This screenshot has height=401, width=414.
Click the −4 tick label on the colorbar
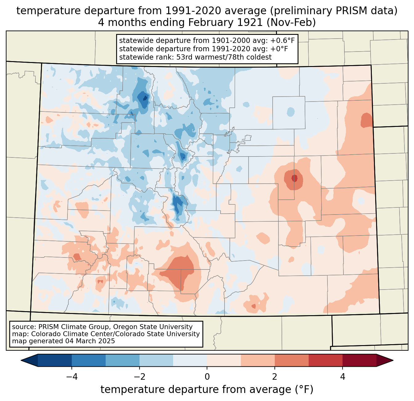[x=71, y=377]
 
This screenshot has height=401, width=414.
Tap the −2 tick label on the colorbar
[x=139, y=377]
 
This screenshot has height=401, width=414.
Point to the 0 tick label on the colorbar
[x=207, y=377]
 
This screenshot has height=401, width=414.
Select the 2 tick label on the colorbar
[x=275, y=377]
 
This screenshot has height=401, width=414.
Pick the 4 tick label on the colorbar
[x=343, y=377]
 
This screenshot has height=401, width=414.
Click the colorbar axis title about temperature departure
[x=207, y=390]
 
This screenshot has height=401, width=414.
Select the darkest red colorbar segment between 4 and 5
[x=359, y=360]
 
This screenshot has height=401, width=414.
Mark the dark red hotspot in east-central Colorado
[x=294, y=178]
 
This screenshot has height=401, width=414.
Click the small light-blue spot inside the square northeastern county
[x=290, y=111]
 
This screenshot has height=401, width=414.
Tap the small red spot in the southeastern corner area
[x=254, y=306]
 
